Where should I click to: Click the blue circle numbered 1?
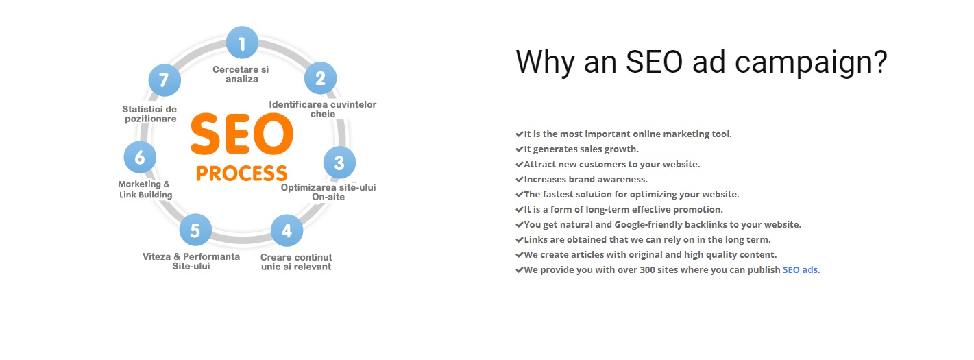pyautogui.click(x=242, y=43)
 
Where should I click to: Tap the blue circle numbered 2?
pyautogui.click(x=321, y=78)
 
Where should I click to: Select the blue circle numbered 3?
pyautogui.click(x=339, y=163)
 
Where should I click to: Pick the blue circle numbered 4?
pyautogui.click(x=287, y=230)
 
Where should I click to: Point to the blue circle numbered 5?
pyautogui.click(x=195, y=230)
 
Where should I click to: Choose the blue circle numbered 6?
pyautogui.click(x=140, y=157)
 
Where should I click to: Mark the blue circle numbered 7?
pyautogui.click(x=165, y=80)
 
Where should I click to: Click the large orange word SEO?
pyautogui.click(x=242, y=134)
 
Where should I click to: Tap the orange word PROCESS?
pyautogui.click(x=242, y=173)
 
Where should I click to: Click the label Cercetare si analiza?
pyautogui.click(x=241, y=74)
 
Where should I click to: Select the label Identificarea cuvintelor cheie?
pyautogui.click(x=323, y=109)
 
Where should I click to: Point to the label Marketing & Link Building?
pyautogui.click(x=145, y=189)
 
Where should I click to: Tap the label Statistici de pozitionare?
pyautogui.click(x=149, y=114)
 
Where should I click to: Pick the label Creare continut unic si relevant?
pyautogui.click(x=296, y=262)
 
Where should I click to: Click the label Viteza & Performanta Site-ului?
pyautogui.click(x=191, y=261)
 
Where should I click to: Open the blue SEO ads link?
pyautogui.click(x=801, y=269)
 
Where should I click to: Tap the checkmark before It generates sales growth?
pyautogui.click(x=519, y=149)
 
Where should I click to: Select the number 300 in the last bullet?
pyautogui.click(x=647, y=269)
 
